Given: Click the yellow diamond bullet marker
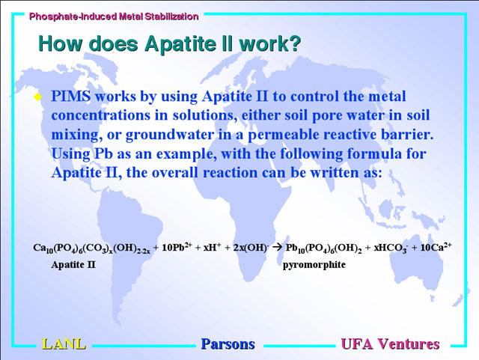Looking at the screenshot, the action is click(x=38, y=97).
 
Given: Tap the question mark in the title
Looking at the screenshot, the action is click(x=294, y=43).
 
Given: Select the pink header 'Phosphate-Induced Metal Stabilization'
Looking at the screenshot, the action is click(x=114, y=16).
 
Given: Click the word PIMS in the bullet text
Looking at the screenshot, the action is click(x=71, y=97).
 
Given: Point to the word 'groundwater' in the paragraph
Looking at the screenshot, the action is click(x=170, y=135).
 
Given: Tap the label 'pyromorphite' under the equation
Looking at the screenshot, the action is click(x=314, y=265).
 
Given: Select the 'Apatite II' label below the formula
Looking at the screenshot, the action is click(x=73, y=264).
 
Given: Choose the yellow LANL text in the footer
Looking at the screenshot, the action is click(x=64, y=344).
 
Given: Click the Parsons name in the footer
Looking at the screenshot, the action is click(x=228, y=344).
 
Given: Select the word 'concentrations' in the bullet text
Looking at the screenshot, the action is click(x=101, y=116).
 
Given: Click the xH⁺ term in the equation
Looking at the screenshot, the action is click(x=212, y=247).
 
